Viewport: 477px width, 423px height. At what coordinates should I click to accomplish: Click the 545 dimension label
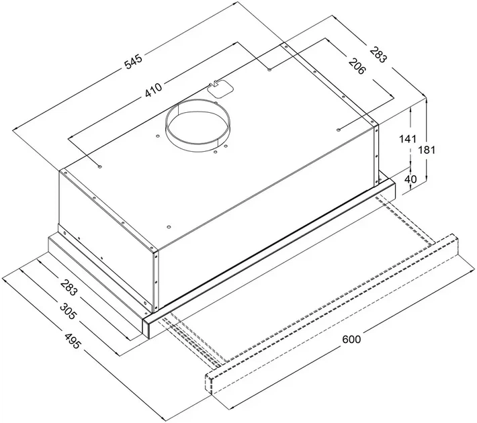(x=133, y=62)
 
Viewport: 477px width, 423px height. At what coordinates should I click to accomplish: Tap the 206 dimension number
(x=357, y=66)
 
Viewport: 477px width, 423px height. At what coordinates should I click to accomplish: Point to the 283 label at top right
(x=379, y=54)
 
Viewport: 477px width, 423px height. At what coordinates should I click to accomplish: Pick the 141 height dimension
(x=407, y=139)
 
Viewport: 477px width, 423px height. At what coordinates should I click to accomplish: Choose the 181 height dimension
(x=427, y=150)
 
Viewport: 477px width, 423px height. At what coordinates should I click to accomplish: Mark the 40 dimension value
(x=410, y=179)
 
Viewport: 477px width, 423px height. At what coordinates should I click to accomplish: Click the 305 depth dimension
(x=68, y=311)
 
